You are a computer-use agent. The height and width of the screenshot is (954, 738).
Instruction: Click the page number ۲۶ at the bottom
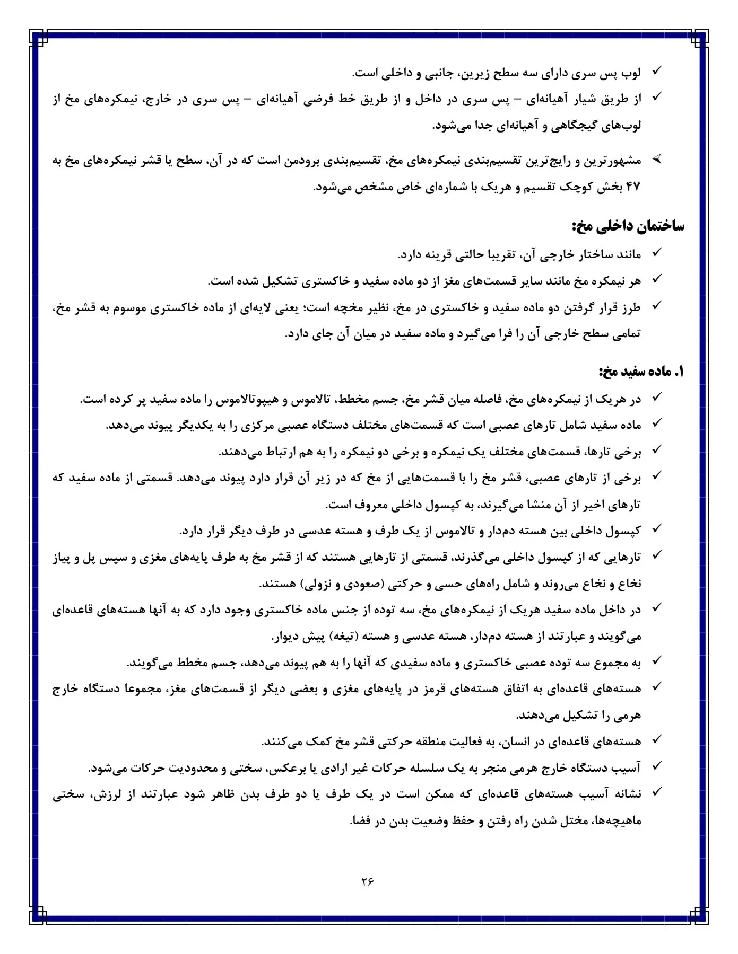pos(368,882)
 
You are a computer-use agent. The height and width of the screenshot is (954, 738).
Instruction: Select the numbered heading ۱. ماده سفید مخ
pos(641,372)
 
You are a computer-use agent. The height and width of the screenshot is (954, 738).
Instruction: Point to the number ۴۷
pos(633,187)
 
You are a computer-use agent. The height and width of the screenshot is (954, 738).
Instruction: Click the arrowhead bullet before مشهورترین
pos(657,159)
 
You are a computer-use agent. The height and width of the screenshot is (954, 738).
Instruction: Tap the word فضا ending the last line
pos(361,821)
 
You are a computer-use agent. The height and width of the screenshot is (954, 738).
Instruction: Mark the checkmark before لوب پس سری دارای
pos(656,70)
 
